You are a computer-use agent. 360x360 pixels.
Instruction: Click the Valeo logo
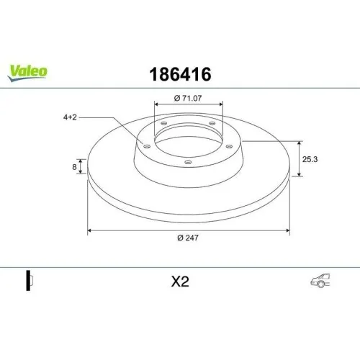coord(28,71)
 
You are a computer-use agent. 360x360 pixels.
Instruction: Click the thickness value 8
coord(75,166)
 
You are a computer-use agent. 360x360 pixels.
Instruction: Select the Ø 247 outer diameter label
coord(188,240)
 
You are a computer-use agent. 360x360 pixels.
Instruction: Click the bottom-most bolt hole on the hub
coord(188,161)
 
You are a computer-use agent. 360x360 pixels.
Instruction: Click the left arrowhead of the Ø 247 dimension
coord(89,232)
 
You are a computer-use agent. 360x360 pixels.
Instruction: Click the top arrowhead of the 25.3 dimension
coord(298,142)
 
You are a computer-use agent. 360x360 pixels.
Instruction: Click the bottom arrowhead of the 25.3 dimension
coord(298,174)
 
